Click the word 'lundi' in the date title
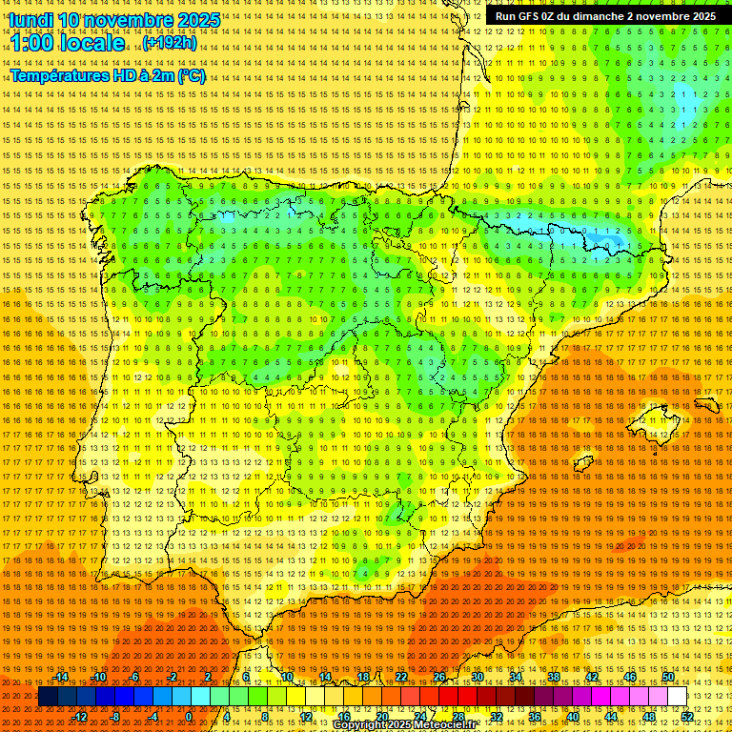[30, 19]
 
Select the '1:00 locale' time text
[67, 43]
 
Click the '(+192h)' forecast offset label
[169, 43]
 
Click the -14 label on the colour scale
[62, 677]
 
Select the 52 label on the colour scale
[686, 716]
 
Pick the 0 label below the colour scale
[189, 716]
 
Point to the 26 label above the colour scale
[439, 677]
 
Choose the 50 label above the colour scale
[668, 677]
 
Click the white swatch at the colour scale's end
[678, 697]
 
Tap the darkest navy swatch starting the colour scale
[48, 697]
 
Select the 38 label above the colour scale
[554, 677]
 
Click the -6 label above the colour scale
[134, 677]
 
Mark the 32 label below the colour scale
[497, 716]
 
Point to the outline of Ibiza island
[579, 464]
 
